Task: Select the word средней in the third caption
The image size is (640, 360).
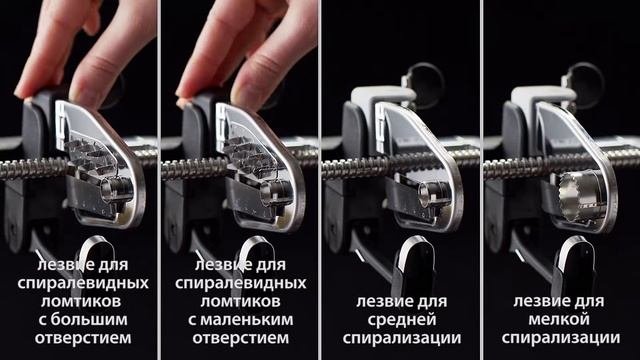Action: pos(402,320)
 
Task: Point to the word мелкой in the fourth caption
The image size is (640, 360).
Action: pos(559,320)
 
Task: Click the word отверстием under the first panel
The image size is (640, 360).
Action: pos(83,338)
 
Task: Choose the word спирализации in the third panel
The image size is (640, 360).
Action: pos(402,338)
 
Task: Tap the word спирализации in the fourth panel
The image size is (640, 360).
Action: pos(561,338)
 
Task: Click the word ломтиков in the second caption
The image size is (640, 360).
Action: pos(240,302)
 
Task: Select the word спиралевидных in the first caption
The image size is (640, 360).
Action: pos(83,283)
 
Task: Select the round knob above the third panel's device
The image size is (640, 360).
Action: pos(425,80)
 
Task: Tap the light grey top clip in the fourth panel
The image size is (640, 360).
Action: pos(541,99)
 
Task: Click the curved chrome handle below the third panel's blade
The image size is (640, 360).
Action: pos(411,261)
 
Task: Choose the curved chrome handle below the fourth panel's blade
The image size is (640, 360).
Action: pos(570,261)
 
